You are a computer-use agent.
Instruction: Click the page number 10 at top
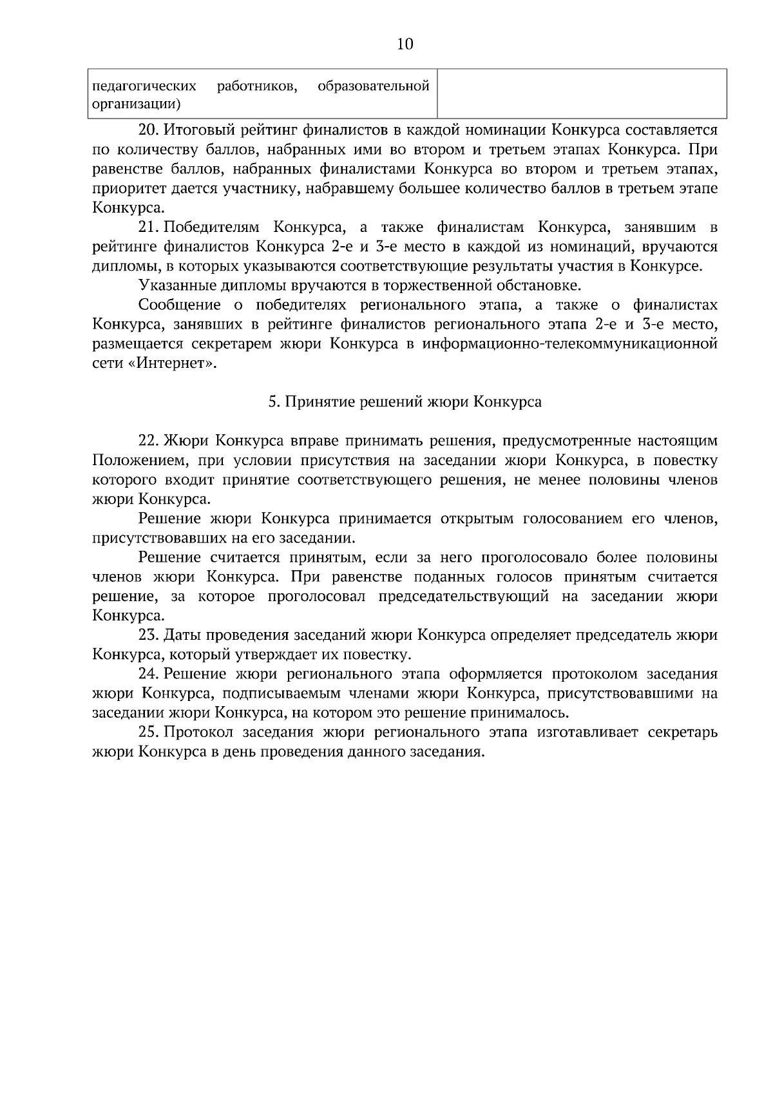pos(405,44)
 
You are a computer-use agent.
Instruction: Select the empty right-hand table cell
pos(581,94)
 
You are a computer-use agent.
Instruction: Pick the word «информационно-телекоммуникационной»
pos(569,343)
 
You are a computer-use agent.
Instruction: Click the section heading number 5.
pos(272,402)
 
